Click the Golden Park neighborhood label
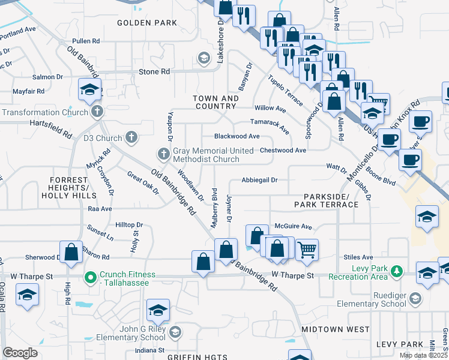147,23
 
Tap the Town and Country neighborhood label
215,102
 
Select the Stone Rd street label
154,71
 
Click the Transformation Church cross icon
97,112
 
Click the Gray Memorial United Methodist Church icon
163,154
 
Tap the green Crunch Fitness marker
91,277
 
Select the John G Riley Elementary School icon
175,332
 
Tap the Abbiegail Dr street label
259,179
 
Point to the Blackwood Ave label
237,136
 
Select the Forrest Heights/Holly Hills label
73,188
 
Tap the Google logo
20,352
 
